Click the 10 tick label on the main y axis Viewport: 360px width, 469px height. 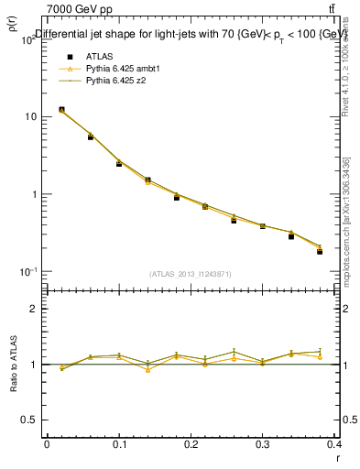(x=31, y=116)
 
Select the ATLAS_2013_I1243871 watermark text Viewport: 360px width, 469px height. (x=191, y=274)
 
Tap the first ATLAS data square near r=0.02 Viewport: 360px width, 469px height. (x=61, y=110)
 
